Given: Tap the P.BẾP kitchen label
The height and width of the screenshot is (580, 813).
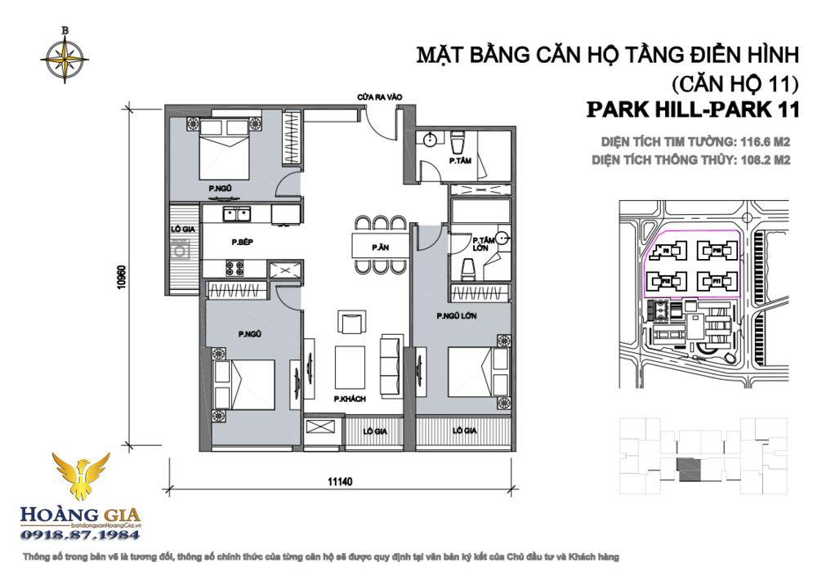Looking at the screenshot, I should (x=239, y=242).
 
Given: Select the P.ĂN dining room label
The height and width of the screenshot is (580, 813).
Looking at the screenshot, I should (x=377, y=246).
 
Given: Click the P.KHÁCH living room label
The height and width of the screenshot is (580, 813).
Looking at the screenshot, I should (x=349, y=398).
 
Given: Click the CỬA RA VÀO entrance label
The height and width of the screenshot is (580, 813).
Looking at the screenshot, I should (x=381, y=97).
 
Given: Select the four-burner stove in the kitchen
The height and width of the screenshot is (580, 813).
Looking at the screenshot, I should (x=235, y=267).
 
